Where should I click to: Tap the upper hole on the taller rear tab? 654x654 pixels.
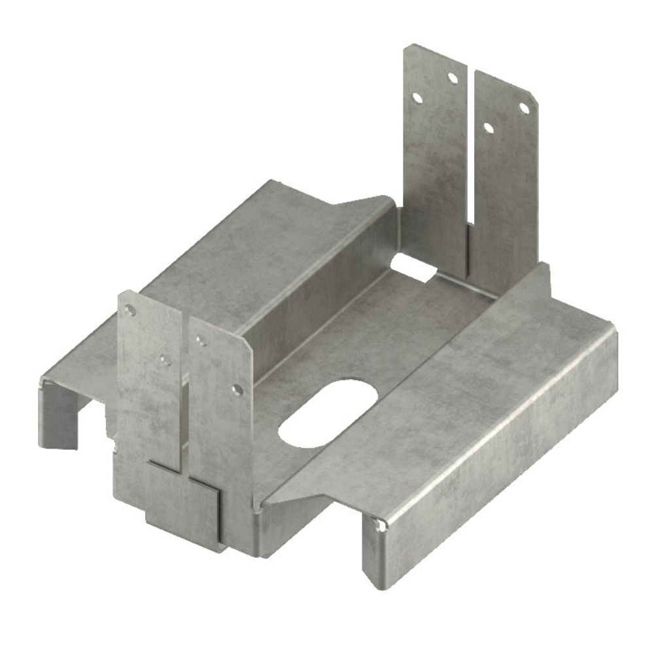pyautogui.click(x=452, y=78)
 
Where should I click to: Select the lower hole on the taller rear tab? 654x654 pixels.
pyautogui.click(x=416, y=98)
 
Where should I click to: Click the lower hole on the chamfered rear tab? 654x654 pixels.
pyautogui.click(x=488, y=127)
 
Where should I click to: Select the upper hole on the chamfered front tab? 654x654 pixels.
pyautogui.click(x=201, y=341)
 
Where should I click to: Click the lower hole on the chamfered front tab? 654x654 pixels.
pyautogui.click(x=237, y=390)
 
